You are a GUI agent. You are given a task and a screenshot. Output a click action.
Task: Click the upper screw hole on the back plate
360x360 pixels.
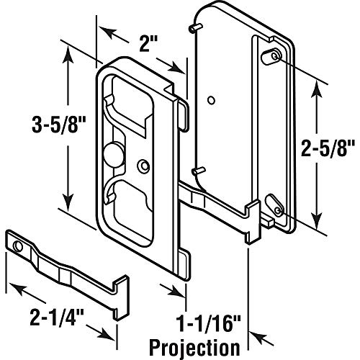(277, 55)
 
